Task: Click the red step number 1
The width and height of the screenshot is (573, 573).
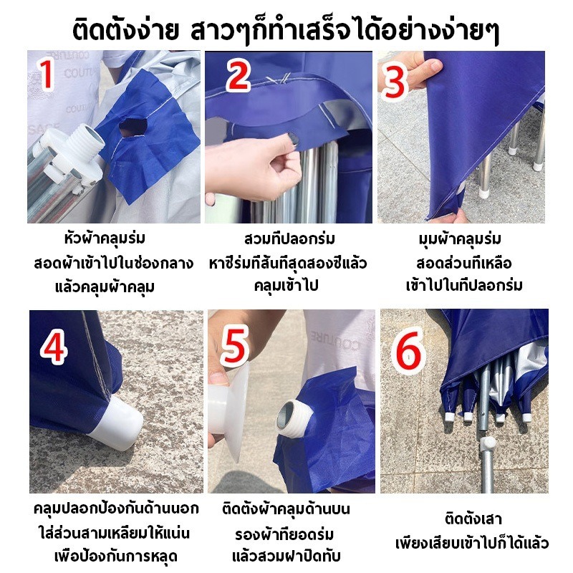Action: click(47, 75)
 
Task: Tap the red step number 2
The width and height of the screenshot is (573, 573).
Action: click(238, 76)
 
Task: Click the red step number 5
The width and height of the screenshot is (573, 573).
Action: click(234, 346)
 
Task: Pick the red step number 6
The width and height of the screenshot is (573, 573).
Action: click(408, 352)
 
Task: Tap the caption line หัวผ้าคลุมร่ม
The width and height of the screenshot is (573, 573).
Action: click(105, 239)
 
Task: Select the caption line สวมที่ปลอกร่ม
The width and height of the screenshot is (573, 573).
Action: click(289, 239)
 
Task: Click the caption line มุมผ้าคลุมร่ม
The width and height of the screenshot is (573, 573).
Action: click(460, 239)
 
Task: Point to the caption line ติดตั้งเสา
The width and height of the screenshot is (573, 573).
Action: click(473, 519)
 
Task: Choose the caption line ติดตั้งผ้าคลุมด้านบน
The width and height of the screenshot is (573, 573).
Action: click(286, 509)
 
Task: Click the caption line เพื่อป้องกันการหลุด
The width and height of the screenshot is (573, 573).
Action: click(116, 557)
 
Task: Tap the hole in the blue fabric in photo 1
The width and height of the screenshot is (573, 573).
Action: click(133, 127)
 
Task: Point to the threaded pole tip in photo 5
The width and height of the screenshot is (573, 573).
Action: click(294, 416)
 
